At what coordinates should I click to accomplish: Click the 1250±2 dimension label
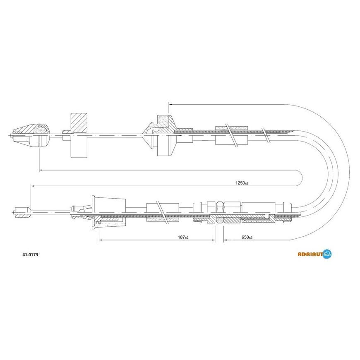(x=242, y=183)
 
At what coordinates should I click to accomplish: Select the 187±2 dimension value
(x=183, y=237)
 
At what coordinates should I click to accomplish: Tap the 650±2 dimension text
(x=247, y=237)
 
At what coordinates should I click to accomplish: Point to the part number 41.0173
(x=30, y=254)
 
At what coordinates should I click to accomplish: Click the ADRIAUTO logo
(x=314, y=254)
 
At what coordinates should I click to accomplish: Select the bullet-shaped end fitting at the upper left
(x=31, y=135)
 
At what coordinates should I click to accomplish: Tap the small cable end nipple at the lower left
(x=22, y=212)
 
